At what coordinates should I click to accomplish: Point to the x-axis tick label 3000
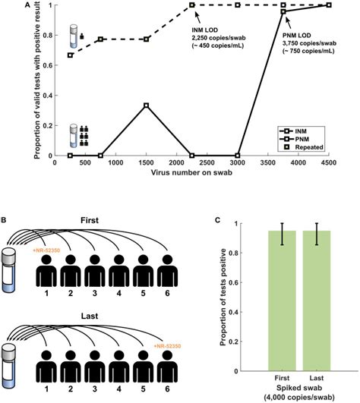tap(238, 163)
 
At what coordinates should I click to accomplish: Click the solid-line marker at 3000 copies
tap(238, 156)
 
